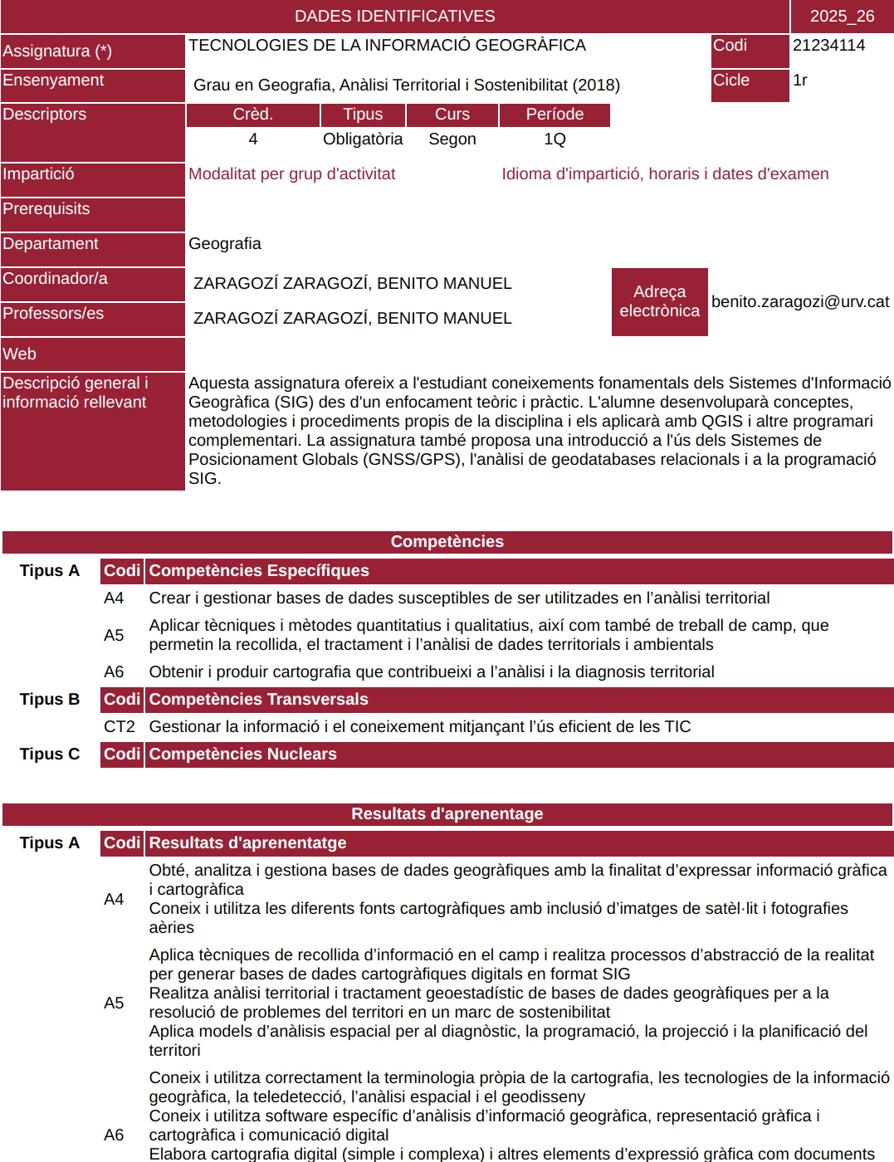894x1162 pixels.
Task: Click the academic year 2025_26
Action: click(x=842, y=16)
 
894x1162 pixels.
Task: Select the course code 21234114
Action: click(x=828, y=46)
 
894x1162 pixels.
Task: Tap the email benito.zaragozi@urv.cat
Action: click(x=799, y=302)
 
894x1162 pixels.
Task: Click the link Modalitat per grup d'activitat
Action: click(x=291, y=174)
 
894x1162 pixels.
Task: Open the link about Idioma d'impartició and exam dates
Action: click(x=665, y=174)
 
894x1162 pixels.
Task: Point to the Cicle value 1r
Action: click(x=800, y=81)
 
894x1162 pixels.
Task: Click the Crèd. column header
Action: click(x=252, y=115)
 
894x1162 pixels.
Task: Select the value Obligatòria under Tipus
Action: click(x=363, y=139)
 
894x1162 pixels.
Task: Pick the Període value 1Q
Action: click(x=554, y=139)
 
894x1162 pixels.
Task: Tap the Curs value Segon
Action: click(x=452, y=139)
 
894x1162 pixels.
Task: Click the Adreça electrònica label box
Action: click(x=659, y=301)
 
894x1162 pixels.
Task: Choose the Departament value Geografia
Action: click(x=225, y=244)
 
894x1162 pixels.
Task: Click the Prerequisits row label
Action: click(x=46, y=209)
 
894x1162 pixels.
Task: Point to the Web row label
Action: click(x=20, y=354)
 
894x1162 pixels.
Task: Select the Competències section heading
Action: click(x=447, y=542)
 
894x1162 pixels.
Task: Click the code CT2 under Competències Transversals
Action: click(x=119, y=727)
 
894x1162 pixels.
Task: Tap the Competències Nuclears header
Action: click(x=242, y=754)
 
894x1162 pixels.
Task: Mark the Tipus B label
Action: click(x=50, y=700)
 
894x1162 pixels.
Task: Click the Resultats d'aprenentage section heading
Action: click(x=447, y=814)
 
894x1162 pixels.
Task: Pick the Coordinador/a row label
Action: click(x=56, y=279)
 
